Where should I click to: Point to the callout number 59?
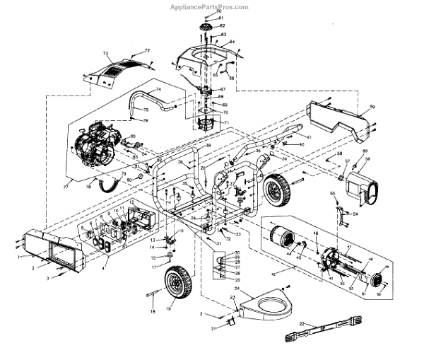pyautogui.click(x=372, y=106)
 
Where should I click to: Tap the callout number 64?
pyautogui.click(x=231, y=42)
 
